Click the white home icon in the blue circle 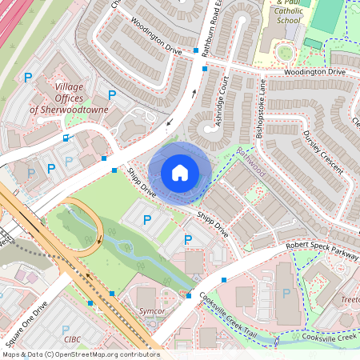click(x=180, y=173)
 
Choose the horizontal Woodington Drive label click(x=314, y=72)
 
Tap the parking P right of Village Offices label click(x=111, y=94)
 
